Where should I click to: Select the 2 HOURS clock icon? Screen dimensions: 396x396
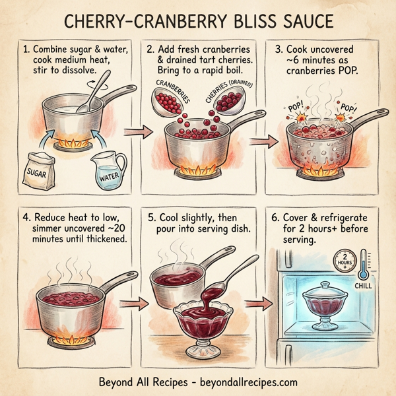coord(344,259)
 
